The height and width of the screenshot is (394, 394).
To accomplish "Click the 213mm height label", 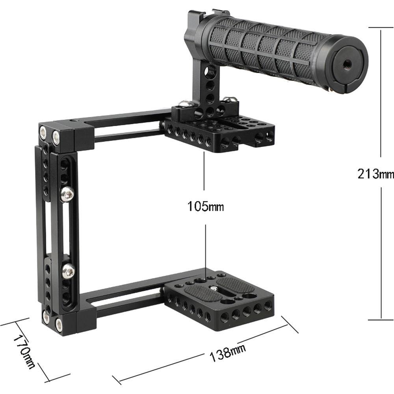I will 375,173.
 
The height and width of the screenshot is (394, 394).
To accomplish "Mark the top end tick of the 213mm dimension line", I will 381,27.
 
